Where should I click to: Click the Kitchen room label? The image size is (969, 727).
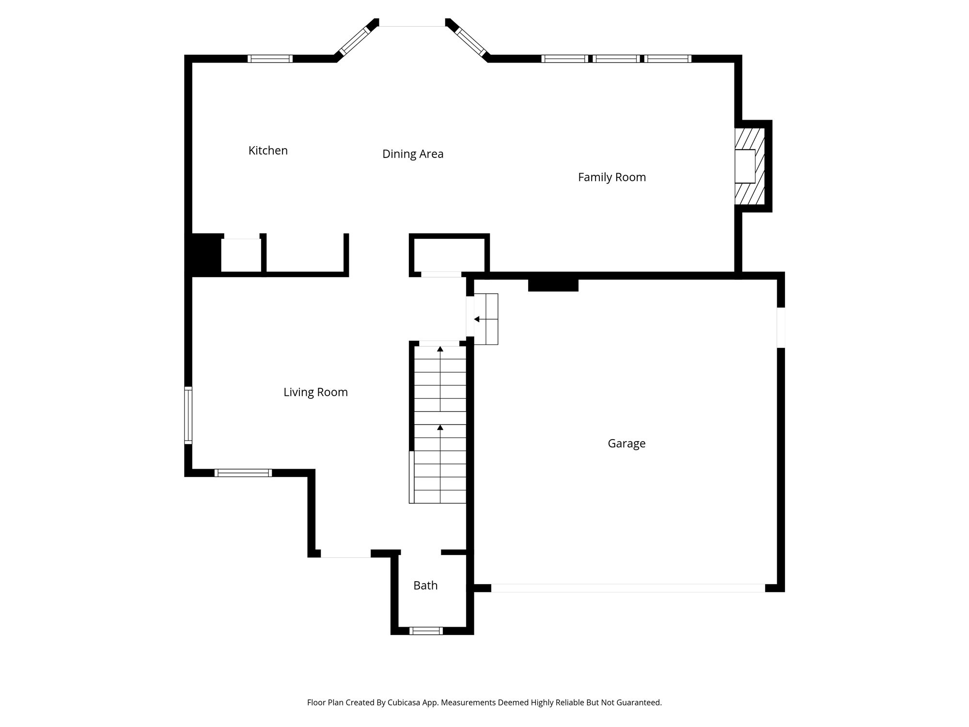[x=268, y=151]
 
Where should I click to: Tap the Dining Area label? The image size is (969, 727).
[x=413, y=154]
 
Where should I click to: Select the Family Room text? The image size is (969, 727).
[x=611, y=177]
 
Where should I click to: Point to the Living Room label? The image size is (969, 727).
[x=315, y=392]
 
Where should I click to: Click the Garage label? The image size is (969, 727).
[x=626, y=443]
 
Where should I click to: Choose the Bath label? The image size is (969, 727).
[x=425, y=585]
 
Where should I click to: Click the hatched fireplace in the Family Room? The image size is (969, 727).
[x=750, y=166]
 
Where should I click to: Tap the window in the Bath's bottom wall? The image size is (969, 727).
[x=426, y=631]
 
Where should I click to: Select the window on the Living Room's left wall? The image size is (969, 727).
[x=188, y=415]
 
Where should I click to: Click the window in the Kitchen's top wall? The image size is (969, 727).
[x=270, y=59]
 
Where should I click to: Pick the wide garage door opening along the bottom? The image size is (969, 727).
[x=628, y=588]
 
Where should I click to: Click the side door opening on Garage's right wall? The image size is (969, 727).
[x=781, y=327]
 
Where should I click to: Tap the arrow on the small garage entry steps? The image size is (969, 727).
[x=477, y=319]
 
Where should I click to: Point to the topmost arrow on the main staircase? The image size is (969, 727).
[x=440, y=349]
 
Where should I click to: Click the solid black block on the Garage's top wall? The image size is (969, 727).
[x=553, y=285]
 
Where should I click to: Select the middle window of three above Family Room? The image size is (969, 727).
[x=616, y=59]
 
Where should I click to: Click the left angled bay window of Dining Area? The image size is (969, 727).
[x=354, y=42]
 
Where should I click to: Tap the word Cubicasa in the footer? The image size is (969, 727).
[x=404, y=702]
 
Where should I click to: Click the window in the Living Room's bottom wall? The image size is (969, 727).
[x=243, y=473]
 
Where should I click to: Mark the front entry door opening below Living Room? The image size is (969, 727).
[x=345, y=553]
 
